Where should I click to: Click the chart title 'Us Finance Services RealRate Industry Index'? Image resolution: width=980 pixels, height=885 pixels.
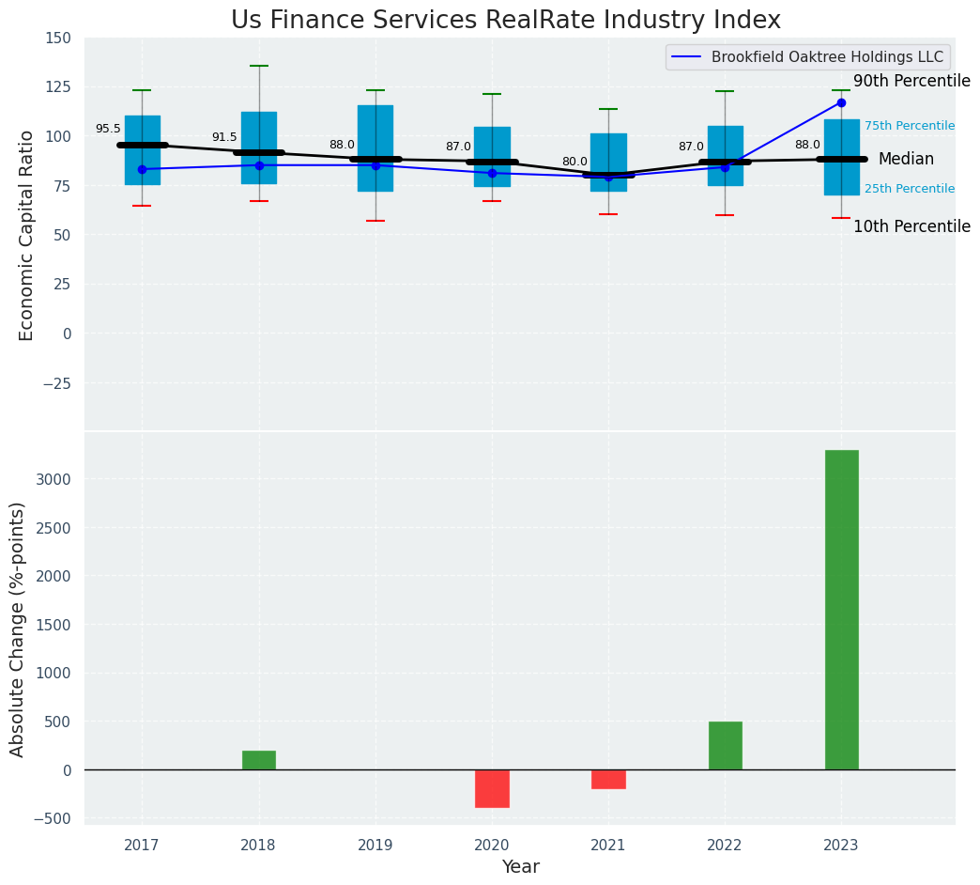[x=506, y=21]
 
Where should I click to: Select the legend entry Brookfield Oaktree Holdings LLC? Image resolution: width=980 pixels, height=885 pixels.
[x=827, y=56]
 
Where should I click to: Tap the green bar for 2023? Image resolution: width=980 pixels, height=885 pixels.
[x=841, y=610]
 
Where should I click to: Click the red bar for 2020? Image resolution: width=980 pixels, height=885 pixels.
[x=492, y=788]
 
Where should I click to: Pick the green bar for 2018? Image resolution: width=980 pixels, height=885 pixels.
[x=259, y=760]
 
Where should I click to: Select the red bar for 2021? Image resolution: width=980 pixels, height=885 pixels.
[x=608, y=779]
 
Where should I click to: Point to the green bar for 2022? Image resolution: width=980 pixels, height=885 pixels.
[x=725, y=746]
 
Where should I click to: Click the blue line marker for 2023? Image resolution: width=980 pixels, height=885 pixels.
[x=841, y=102]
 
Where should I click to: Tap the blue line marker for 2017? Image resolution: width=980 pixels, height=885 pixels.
[x=142, y=169]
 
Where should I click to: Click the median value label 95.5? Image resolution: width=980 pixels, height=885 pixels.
[x=108, y=129]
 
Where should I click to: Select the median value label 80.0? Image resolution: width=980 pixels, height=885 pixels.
[x=574, y=162]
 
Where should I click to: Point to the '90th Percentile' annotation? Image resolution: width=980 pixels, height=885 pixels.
[x=911, y=82]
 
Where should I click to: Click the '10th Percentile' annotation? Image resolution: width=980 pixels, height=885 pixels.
[x=911, y=227]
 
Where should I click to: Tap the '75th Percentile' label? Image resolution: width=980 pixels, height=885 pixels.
[x=909, y=126]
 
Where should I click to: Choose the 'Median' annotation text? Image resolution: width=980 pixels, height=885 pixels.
[x=906, y=160]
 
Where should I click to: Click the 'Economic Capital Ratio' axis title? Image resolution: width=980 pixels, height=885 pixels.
[x=27, y=235]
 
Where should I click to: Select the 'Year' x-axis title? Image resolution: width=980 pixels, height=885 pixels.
[x=520, y=867]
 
